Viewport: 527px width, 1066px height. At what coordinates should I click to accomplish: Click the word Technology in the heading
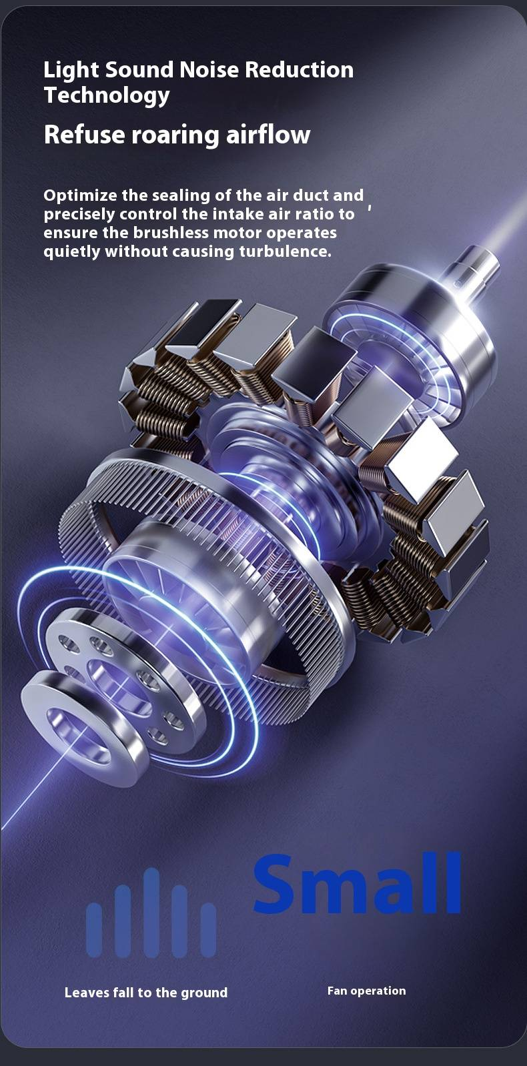click(107, 95)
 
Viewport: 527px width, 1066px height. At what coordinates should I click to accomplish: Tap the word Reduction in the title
click(299, 70)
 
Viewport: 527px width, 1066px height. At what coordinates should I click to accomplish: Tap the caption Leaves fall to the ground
click(145, 992)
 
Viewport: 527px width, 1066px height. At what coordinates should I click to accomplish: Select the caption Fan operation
click(367, 991)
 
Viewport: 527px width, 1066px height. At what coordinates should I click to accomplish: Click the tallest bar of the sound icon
click(151, 913)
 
